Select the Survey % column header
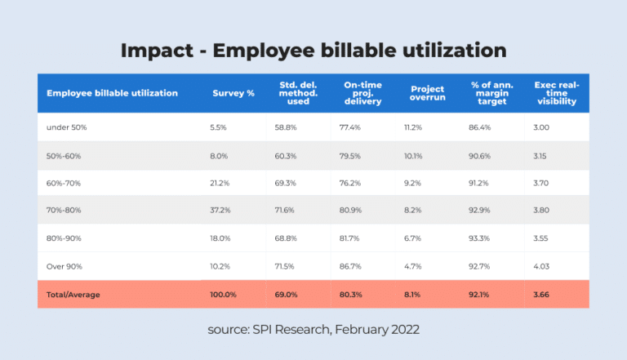[233, 93]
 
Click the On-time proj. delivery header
[362, 93]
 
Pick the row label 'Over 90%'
[64, 266]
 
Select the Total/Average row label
[73, 295]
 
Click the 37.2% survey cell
[221, 211]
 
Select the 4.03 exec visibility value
[542, 266]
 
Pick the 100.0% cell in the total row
[224, 295]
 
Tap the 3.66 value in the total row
[542, 295]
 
